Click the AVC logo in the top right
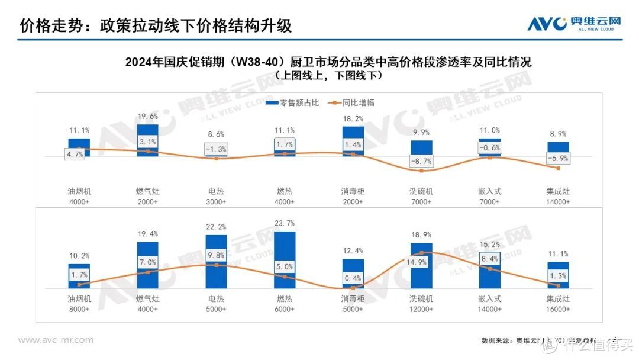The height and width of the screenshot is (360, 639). (575, 23)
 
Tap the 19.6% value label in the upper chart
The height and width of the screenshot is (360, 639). (147, 117)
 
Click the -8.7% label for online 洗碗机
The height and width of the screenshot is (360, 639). (421, 161)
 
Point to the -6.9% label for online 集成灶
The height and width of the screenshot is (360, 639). (558, 159)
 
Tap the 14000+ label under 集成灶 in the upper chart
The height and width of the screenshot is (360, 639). (558, 202)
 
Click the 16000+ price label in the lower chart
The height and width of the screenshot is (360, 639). (558, 309)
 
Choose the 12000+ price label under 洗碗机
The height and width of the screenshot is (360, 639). (421, 309)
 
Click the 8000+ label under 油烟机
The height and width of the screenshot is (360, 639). (79, 309)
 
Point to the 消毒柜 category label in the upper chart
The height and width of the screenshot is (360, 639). (353, 191)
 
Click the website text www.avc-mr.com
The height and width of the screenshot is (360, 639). (56, 340)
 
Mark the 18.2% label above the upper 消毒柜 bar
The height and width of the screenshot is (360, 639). (353, 118)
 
